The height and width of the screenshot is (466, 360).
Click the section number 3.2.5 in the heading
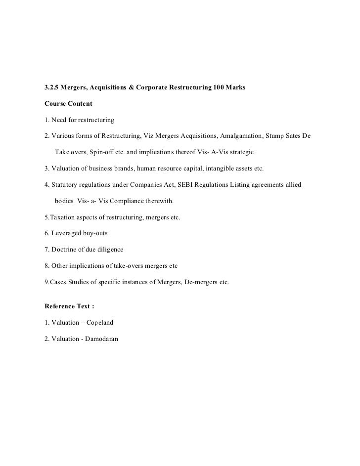point(51,87)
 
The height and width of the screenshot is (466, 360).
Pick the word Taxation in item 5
point(61,217)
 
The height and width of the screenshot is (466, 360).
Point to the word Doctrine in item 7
point(64,250)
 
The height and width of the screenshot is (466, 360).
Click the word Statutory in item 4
point(66,185)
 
